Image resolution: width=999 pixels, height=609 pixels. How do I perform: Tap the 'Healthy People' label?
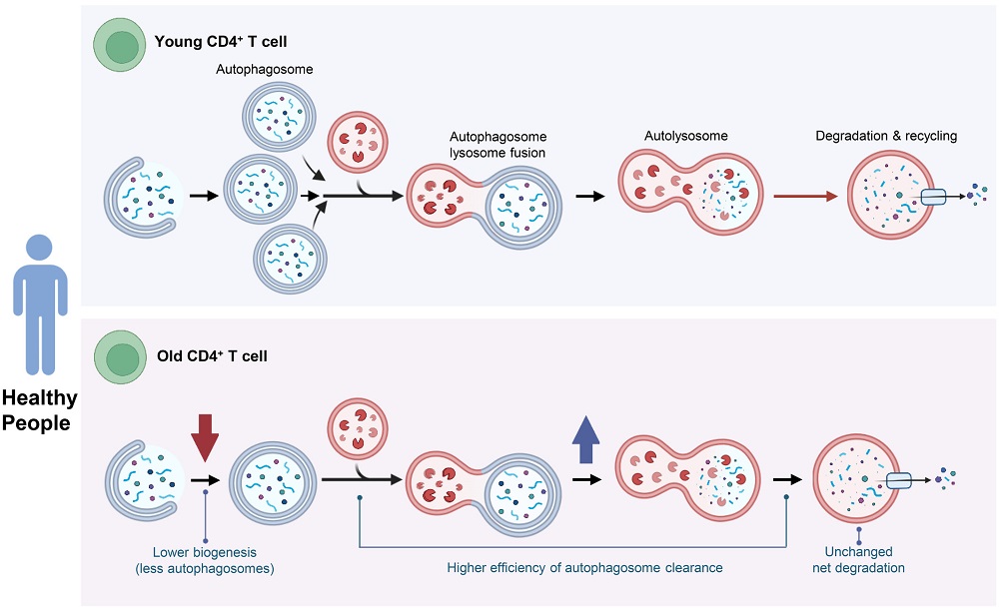coord(38,409)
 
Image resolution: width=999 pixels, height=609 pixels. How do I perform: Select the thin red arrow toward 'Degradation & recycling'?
coord(804,197)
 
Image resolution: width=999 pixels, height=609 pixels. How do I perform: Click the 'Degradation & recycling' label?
coord(886,136)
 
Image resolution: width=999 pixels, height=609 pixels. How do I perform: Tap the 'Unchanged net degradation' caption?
coord(858,560)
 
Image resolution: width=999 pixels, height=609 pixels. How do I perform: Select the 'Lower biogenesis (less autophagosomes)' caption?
coord(205,560)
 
